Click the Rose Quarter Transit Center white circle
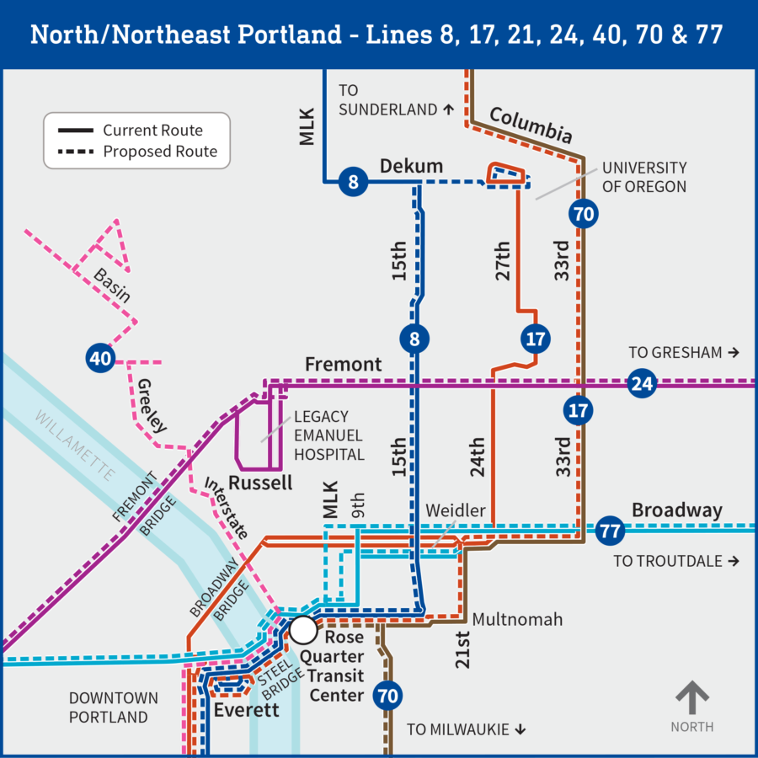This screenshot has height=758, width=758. (303, 629)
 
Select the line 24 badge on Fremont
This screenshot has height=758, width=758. (643, 384)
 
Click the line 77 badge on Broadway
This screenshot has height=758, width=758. (611, 531)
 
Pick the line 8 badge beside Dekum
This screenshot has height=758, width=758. (354, 181)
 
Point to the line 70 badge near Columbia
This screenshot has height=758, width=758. (583, 214)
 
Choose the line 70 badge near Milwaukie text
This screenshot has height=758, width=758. (388, 697)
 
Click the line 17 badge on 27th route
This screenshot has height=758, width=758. (536, 339)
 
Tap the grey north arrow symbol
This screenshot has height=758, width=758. (692, 699)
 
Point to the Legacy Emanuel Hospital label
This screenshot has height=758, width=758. (328, 435)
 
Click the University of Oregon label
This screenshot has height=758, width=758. (643, 177)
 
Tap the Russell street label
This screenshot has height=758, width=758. (260, 483)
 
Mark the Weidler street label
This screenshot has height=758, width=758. (456, 511)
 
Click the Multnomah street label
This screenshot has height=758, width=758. (517, 620)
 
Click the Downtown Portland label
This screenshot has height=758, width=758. (114, 707)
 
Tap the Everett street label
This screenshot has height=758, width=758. (246, 710)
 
